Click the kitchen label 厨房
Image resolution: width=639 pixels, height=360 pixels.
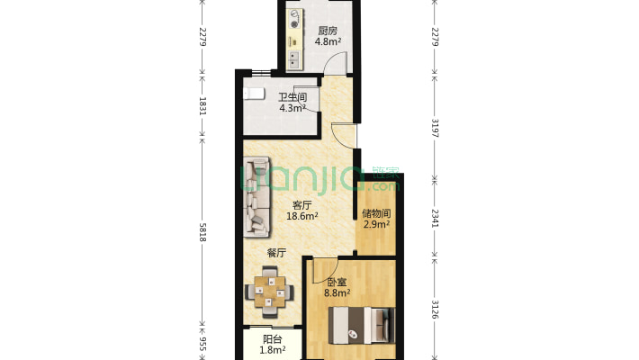tap(328, 31)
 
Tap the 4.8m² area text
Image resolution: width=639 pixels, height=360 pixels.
tap(328, 41)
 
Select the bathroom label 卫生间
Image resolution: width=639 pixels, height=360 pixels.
tap(292, 97)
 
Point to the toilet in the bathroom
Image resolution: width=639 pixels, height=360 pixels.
tap(254, 94)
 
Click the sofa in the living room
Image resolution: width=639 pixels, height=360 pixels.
tap(256, 196)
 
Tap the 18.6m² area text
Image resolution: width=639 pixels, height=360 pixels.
tap(302, 216)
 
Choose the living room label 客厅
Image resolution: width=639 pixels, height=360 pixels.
tap(302, 205)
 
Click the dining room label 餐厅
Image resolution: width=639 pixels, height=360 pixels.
tap(276, 253)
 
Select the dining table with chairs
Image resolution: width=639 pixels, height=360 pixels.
tap(269, 292)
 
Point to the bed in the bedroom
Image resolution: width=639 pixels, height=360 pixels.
tap(362, 325)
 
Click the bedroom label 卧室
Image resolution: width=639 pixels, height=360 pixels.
tap(337, 282)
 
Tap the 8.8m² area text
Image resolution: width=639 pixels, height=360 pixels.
tap(337, 292)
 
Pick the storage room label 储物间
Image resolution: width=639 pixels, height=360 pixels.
tap(376, 213)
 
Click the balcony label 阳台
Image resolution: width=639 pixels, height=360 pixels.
tap(272, 339)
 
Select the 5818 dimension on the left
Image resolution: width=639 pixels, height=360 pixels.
tap(202, 230)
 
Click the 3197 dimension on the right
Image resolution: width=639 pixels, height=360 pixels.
tap(435, 128)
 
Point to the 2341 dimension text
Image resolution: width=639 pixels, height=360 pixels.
tap(435, 218)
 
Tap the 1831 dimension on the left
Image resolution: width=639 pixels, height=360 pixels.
tap(202, 106)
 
